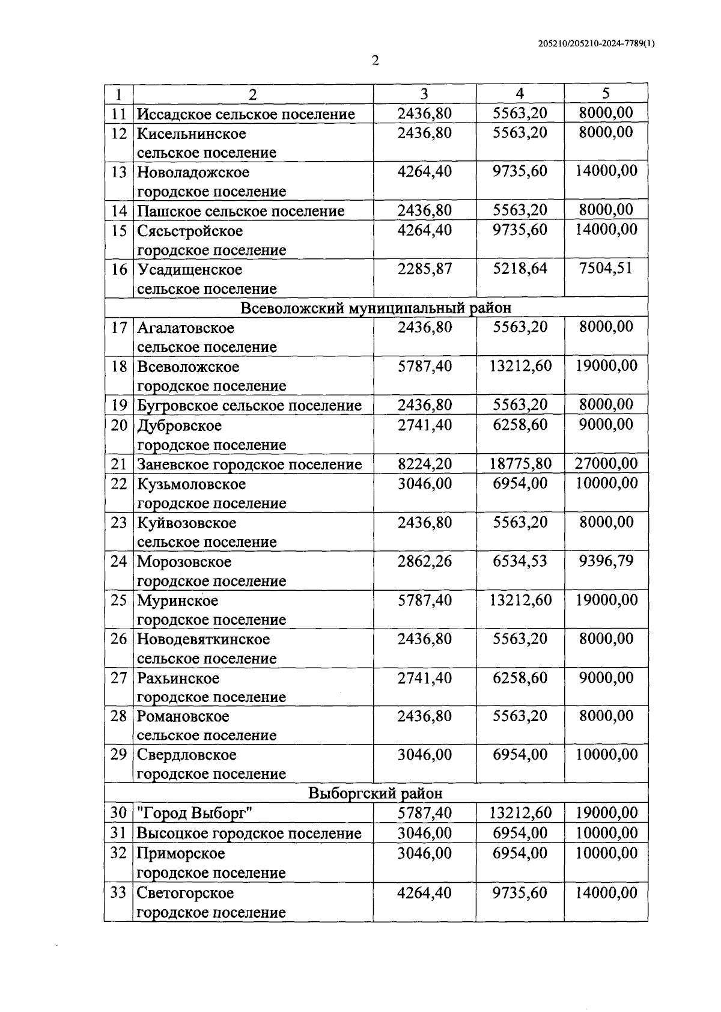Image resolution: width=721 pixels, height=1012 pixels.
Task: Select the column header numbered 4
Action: [520, 93]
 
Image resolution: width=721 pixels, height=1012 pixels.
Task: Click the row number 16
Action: [119, 269]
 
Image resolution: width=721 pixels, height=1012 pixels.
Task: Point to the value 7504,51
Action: [606, 268]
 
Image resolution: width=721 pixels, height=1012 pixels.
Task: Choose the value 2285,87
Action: [424, 269]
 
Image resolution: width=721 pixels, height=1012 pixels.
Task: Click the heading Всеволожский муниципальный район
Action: [376, 308]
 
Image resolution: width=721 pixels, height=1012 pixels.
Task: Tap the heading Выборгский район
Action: [376, 793]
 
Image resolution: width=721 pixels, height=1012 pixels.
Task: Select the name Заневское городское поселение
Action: [249, 465]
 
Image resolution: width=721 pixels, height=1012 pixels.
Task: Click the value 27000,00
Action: [606, 463]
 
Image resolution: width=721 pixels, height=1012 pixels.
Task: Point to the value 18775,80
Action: [520, 464]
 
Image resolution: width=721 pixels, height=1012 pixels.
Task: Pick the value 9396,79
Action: [606, 561]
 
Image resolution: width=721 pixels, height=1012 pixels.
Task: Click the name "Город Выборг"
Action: [194, 814]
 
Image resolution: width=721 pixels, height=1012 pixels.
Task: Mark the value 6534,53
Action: [520, 561]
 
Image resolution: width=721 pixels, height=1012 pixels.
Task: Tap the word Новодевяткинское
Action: [203, 639]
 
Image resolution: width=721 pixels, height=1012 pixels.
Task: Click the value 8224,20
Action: [424, 464]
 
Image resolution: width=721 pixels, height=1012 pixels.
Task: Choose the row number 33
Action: [119, 893]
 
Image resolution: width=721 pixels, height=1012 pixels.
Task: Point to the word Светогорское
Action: [185, 893]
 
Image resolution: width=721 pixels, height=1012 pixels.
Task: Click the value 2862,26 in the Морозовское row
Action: [424, 561]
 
